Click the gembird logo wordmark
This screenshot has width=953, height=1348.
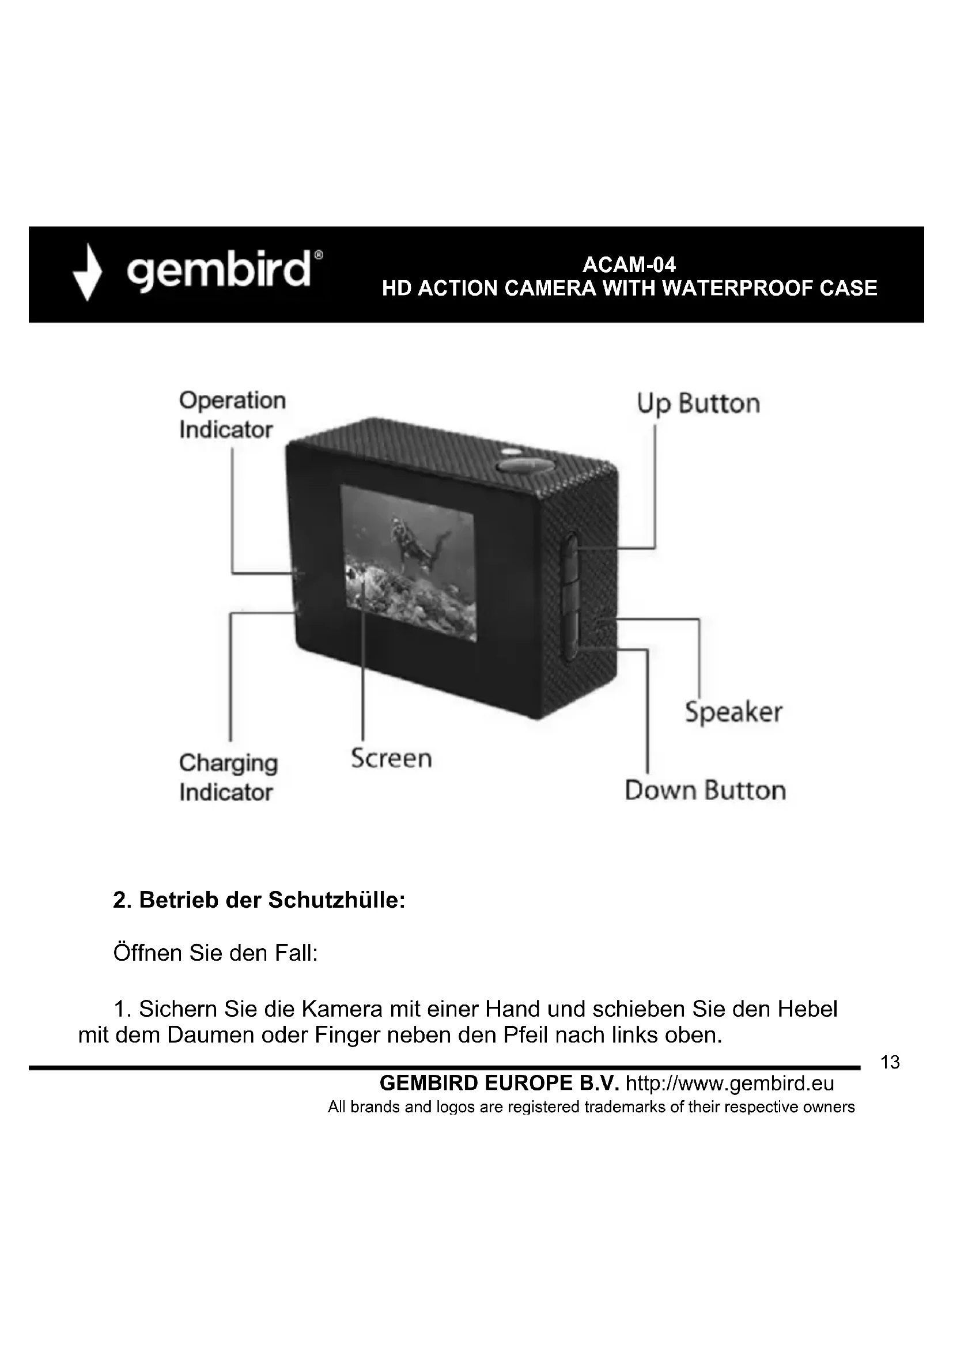219,271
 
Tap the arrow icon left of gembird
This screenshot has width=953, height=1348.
88,273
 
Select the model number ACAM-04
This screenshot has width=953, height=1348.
629,265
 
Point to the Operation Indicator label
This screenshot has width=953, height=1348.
232,415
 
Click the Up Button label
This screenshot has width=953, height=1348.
698,404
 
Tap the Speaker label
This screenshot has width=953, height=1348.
733,713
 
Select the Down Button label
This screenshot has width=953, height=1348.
705,790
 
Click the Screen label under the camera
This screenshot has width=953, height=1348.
391,758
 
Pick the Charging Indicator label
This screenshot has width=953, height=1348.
228,777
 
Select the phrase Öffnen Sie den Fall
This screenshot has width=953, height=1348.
215,953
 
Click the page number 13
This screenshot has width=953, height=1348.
890,1063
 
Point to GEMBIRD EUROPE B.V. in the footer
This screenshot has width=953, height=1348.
500,1083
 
